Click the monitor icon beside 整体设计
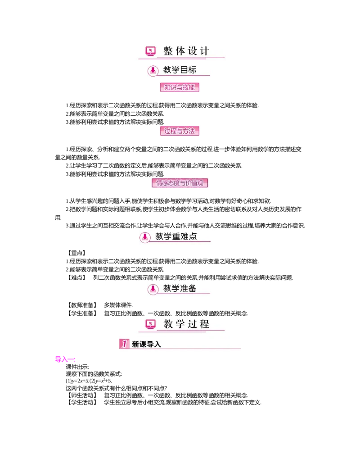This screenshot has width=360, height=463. (x=150, y=51)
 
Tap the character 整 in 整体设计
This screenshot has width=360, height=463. (x=168, y=51)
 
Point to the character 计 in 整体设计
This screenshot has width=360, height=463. (x=205, y=51)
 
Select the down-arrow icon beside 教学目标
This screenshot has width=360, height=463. (x=153, y=70)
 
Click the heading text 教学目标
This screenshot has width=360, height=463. (x=180, y=70)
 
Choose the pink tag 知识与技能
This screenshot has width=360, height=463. (x=180, y=87)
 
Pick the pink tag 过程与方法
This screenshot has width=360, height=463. (x=180, y=131)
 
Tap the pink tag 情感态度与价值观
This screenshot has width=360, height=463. (x=181, y=183)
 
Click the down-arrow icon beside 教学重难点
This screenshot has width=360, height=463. (x=145, y=237)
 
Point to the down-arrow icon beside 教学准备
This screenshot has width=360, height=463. (x=153, y=289)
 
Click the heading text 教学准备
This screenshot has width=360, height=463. (x=180, y=289)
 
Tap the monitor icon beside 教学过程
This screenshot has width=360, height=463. (x=150, y=324)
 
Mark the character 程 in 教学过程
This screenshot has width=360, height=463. (x=205, y=324)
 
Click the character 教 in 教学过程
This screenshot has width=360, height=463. (x=168, y=324)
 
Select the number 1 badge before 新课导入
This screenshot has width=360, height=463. (x=124, y=344)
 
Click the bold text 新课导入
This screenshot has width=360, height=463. (x=146, y=345)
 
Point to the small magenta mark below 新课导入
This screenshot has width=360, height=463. (x=64, y=359)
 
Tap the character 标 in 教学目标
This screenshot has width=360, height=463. (x=192, y=70)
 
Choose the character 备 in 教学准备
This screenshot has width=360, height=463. (x=192, y=289)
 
